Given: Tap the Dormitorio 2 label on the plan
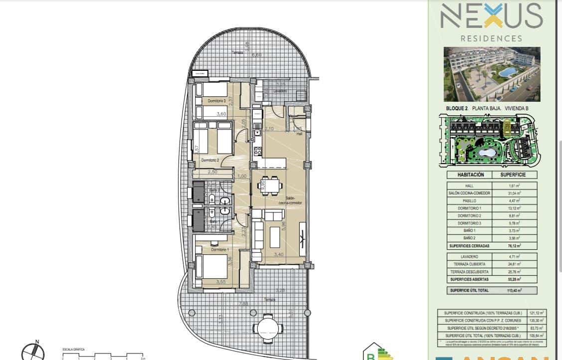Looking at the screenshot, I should [210, 160].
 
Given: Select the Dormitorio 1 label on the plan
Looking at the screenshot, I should [219, 249].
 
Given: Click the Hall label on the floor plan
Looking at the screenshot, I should [299, 134].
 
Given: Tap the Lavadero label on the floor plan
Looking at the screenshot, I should [280, 91].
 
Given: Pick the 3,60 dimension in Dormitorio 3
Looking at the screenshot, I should [221, 114].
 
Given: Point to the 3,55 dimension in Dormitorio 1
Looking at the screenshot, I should [221, 282].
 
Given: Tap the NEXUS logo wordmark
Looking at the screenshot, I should [491, 17].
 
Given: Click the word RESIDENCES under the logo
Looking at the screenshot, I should [491, 38].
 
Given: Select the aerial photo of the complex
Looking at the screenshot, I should [492, 74].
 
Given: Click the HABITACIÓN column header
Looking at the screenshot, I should [471, 175].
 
